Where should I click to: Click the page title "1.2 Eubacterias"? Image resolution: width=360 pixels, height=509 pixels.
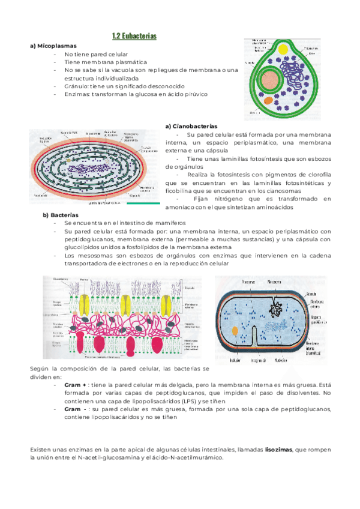[134, 37]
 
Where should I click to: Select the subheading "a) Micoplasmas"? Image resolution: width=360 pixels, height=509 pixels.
[55, 46]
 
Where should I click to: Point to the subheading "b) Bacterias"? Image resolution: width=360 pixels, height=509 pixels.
[61, 214]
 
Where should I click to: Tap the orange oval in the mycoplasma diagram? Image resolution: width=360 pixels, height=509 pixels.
[267, 100]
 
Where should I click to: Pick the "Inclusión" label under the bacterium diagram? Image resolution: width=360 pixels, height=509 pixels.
[235, 361]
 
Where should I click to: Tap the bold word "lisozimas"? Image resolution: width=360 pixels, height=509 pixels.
[280, 449]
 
